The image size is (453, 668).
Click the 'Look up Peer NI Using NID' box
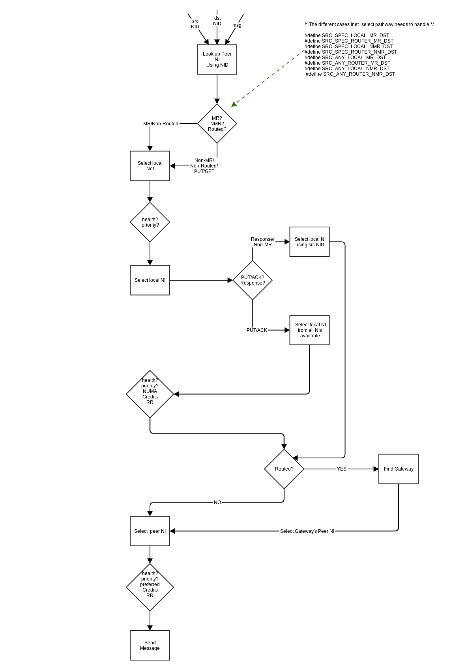point(217,60)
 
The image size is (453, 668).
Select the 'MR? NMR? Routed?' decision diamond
point(217,124)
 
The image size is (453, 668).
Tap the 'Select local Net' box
point(150,166)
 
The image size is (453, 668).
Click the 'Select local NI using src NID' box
point(309,242)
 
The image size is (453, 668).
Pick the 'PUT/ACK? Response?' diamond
point(253,280)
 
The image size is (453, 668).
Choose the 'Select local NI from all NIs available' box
point(309,330)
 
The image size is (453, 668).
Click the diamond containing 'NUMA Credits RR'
point(150,394)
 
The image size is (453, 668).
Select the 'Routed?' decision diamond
point(284,469)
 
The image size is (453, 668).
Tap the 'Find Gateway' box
point(399,469)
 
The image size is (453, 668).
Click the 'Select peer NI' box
point(150,531)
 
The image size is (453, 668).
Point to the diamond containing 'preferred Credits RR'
point(150,587)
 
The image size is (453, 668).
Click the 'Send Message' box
point(150,646)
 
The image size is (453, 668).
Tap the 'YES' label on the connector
point(342,469)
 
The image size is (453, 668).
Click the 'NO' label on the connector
point(217,502)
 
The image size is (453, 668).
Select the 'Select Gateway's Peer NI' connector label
point(307,531)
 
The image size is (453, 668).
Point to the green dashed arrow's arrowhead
point(234,104)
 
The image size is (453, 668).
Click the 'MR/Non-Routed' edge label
point(161,124)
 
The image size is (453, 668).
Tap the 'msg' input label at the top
point(237,25)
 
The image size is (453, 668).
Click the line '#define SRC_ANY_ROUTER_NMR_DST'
point(350,74)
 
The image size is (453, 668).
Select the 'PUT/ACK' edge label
point(257,330)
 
